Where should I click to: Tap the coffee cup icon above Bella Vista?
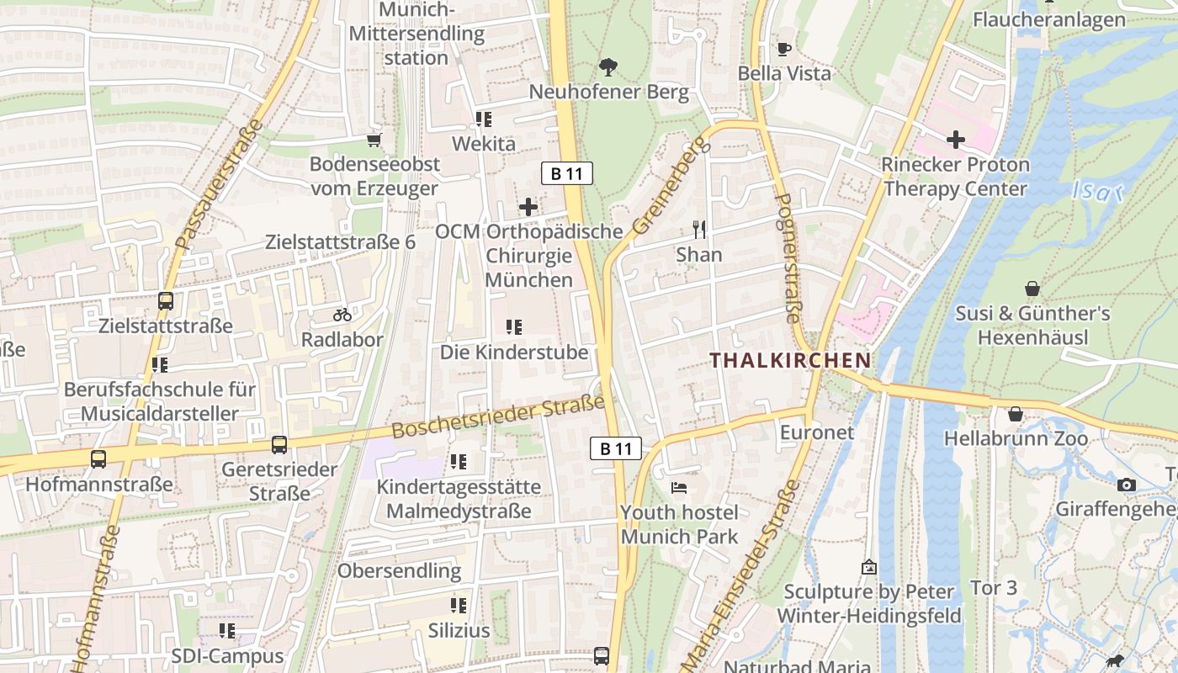784,49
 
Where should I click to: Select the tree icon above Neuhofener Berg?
608,66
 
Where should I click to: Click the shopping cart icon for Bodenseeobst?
374,140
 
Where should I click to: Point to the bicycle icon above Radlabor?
342,315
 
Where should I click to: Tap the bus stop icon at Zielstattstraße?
166,300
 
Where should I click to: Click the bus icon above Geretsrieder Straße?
279,444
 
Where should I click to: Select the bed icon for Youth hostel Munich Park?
679,488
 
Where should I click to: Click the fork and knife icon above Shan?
698,229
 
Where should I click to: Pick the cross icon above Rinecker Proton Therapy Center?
955,139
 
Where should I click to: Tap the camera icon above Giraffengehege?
1127,485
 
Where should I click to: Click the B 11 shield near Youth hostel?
615,448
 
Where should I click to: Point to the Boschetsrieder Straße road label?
498,417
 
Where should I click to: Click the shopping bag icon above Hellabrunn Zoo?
1016,414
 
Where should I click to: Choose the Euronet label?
817,433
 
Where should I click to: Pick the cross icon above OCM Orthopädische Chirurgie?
528,206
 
